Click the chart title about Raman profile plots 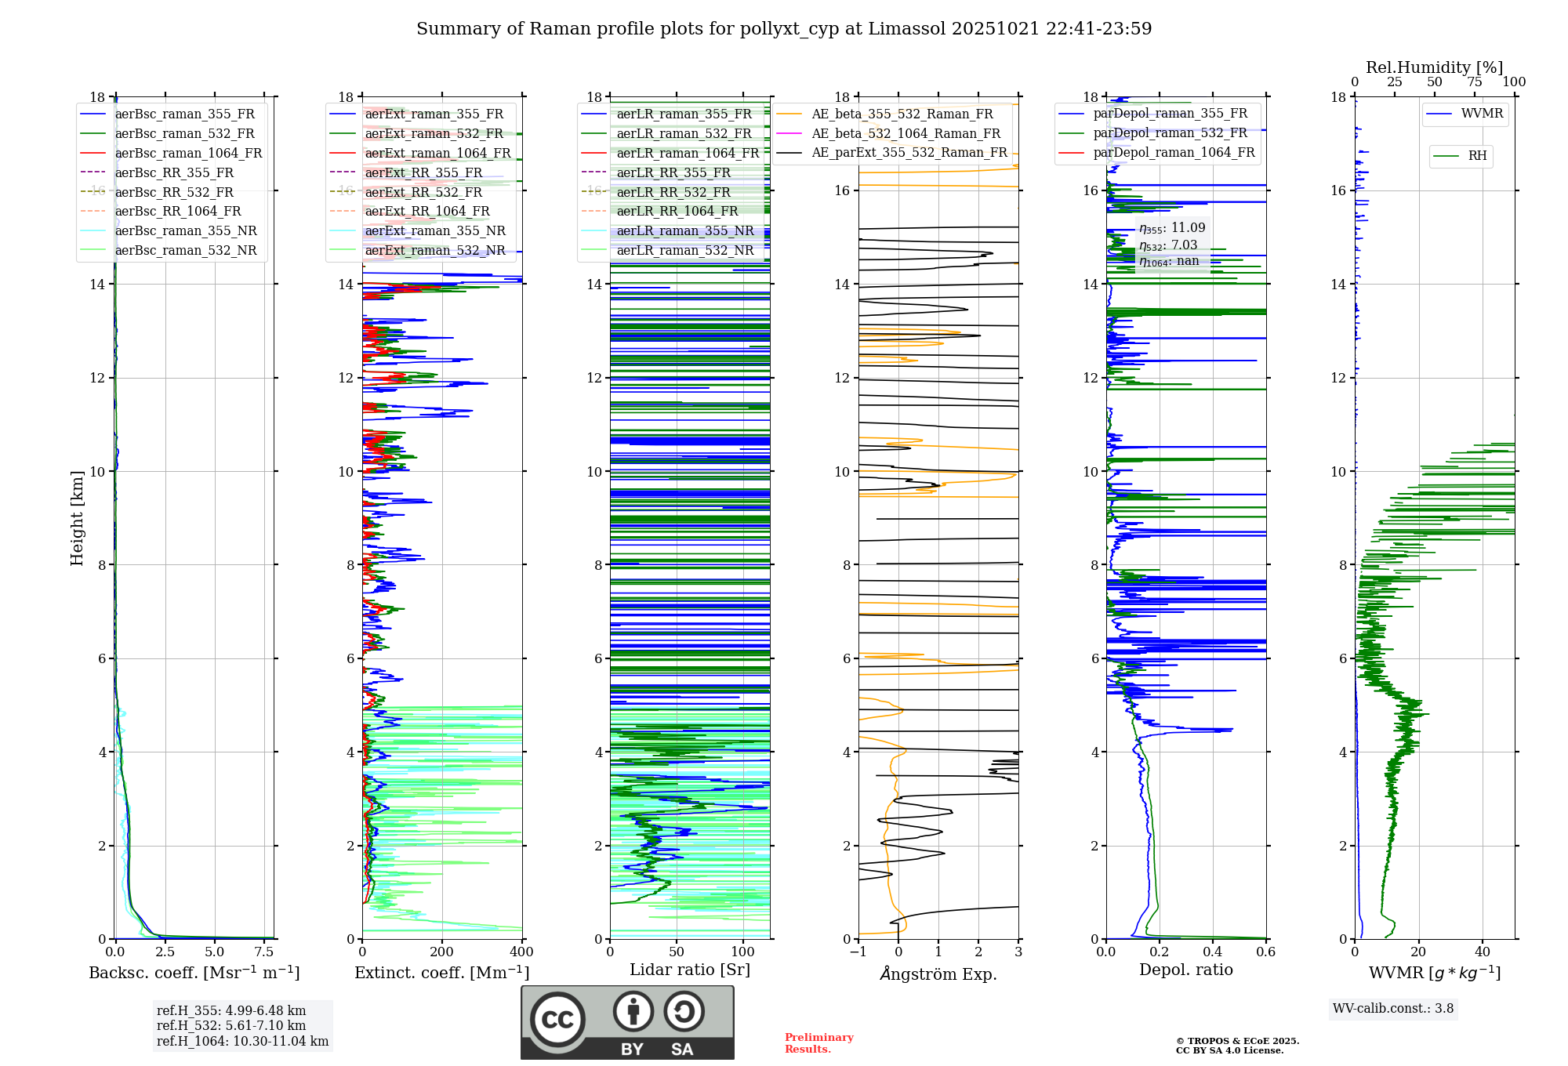[x=784, y=29]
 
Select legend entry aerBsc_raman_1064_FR [x=188, y=154]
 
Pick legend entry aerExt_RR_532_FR [x=423, y=192]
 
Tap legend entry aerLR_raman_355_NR [x=684, y=231]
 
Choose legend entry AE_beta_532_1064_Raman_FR [x=906, y=134]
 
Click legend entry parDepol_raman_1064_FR [x=1174, y=153]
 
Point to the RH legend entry [x=1477, y=156]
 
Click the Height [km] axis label [x=77, y=518]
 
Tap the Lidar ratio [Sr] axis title [x=690, y=970]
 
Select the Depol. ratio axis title [x=1185, y=970]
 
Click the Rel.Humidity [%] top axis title [x=1434, y=67]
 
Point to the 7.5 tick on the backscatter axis [x=264, y=952]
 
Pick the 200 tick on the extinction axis [x=441, y=952]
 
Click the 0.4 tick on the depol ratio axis [x=1212, y=952]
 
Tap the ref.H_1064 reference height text [x=242, y=1042]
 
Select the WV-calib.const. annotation [x=1393, y=1009]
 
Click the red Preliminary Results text [x=818, y=1043]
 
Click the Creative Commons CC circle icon [x=557, y=1020]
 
